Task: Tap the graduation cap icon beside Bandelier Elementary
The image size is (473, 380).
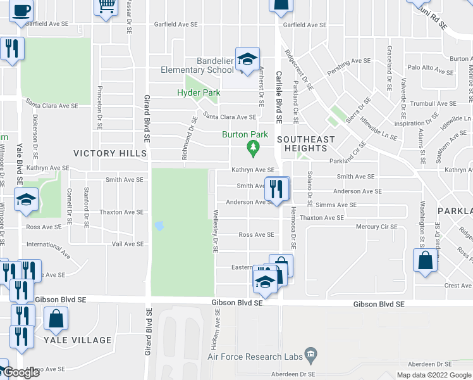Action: pos(247,60)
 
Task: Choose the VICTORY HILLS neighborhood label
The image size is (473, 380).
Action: pos(110,153)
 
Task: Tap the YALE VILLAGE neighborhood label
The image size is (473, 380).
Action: pos(78,340)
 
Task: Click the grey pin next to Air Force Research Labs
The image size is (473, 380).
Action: pos(310,353)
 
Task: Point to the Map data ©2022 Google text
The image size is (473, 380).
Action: pos(433,375)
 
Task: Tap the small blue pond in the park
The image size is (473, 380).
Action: pos(159,225)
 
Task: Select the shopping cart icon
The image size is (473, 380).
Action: pos(106,7)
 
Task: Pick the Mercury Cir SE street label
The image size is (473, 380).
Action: pos(377,227)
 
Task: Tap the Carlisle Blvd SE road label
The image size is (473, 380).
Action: pos(278,96)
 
